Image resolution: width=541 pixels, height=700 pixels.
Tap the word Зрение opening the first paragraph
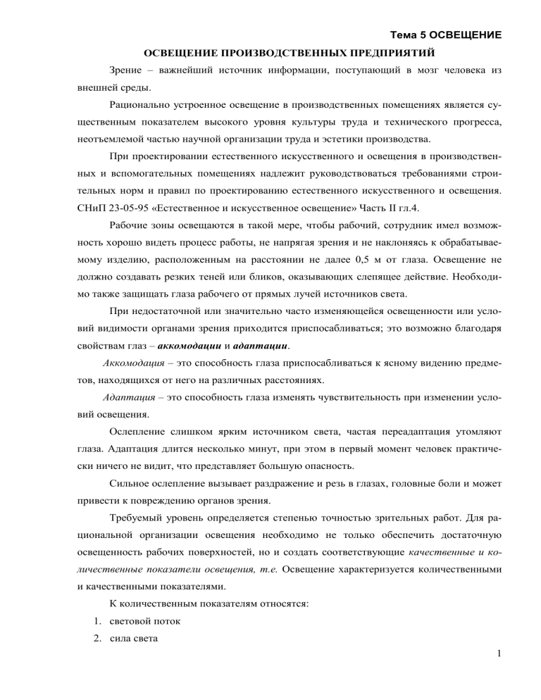click(x=127, y=71)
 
